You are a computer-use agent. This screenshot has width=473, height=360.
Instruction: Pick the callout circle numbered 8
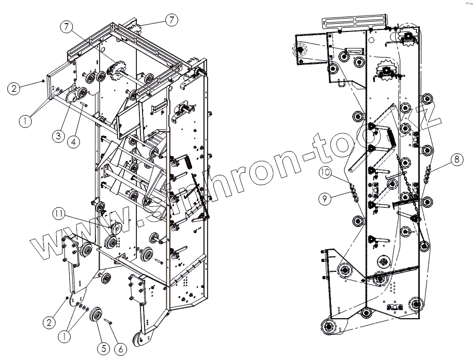[456, 159]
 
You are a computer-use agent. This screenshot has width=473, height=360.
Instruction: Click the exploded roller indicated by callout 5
[97, 316]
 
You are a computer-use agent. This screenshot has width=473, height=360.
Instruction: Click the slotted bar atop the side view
[354, 21]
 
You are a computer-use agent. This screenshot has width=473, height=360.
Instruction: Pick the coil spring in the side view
[391, 135]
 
